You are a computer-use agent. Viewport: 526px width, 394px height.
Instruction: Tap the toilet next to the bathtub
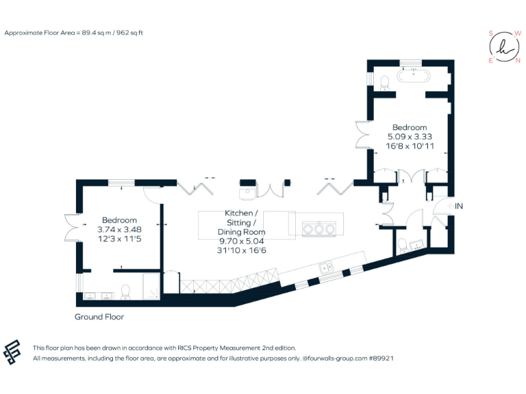click(384, 82)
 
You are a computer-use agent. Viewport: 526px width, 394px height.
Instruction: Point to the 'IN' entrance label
click(459, 205)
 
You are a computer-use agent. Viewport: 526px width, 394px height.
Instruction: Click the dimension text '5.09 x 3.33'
click(410, 136)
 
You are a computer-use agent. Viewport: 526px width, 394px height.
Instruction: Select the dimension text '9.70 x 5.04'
click(242, 241)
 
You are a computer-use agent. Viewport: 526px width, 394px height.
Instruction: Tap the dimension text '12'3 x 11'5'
click(119, 239)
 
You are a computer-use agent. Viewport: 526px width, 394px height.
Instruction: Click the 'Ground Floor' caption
click(99, 317)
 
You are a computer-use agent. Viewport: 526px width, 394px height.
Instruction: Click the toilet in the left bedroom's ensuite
click(125, 292)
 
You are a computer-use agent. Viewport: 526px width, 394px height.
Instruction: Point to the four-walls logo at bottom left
click(14, 352)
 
